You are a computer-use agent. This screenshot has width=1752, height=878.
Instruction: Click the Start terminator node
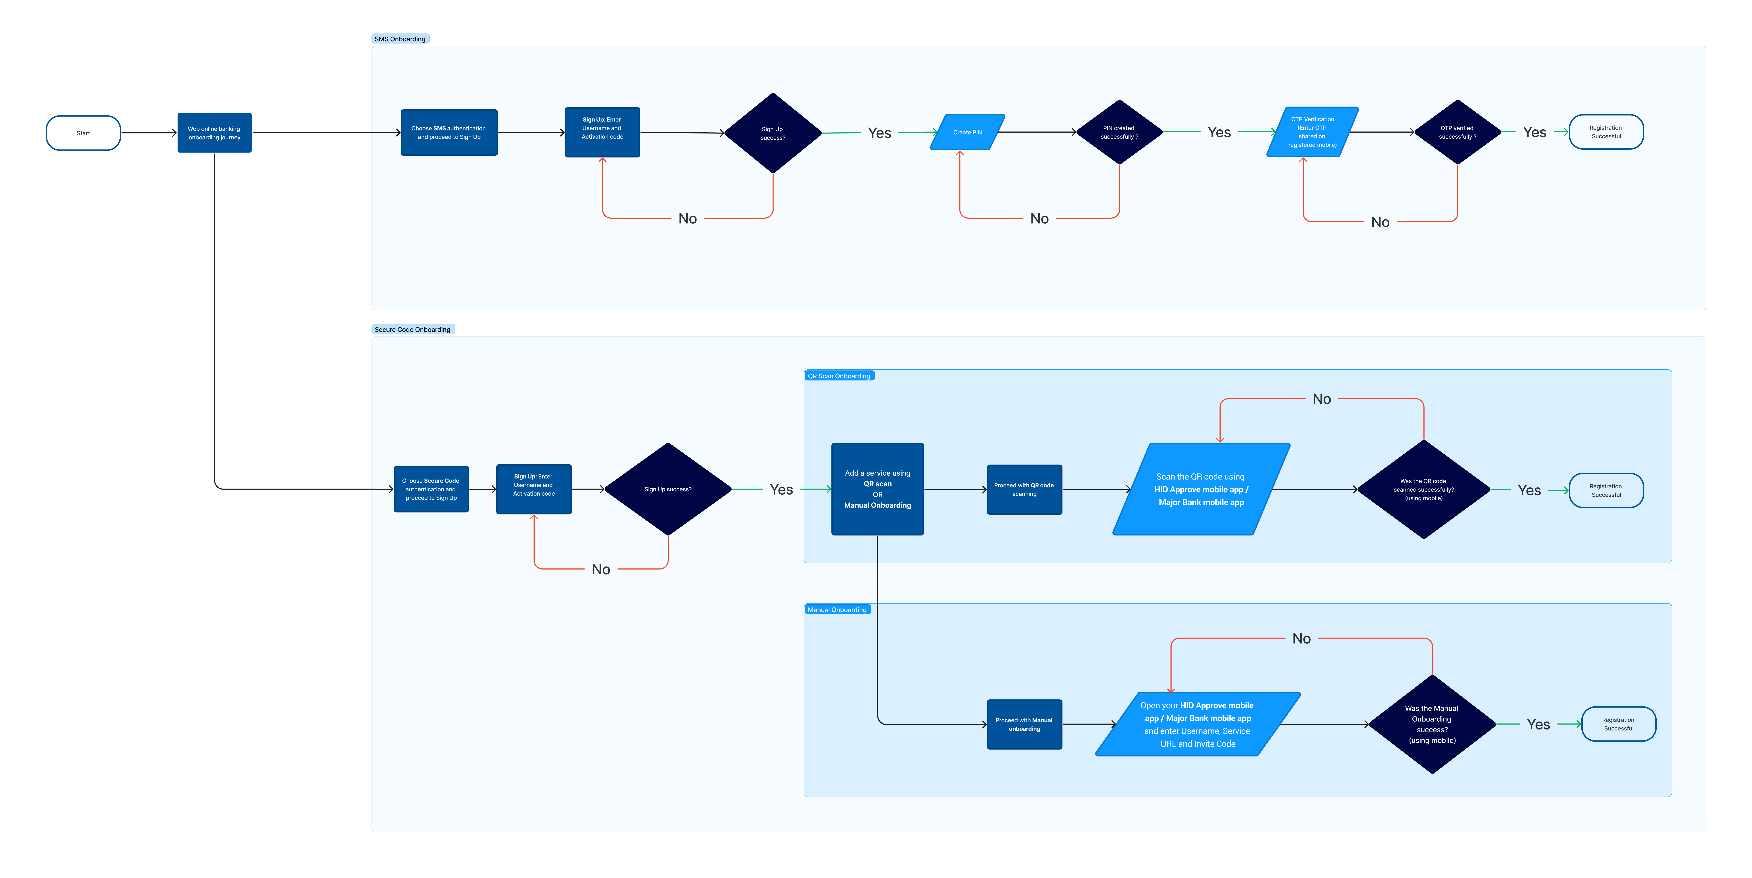83,133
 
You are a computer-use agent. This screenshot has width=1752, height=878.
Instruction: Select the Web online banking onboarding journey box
214,133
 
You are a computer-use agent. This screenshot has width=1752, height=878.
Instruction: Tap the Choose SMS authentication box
449,133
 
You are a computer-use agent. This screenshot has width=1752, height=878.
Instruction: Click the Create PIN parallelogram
967,132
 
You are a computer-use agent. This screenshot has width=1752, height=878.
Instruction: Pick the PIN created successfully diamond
1119,132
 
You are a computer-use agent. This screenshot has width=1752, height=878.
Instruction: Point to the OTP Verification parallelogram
1312,132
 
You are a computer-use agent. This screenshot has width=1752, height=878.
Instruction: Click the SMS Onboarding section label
400,39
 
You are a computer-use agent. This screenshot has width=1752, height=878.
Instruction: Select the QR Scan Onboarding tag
839,375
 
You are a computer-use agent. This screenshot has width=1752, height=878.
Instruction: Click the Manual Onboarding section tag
837,609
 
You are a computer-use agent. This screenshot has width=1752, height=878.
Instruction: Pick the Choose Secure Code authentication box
431,489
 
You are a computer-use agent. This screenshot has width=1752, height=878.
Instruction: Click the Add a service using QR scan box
877,489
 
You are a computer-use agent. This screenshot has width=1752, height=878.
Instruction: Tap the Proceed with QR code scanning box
1024,490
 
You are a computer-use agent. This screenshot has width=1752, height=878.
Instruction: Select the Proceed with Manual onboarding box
1024,724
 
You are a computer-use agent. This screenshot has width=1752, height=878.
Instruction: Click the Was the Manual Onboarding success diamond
1432,724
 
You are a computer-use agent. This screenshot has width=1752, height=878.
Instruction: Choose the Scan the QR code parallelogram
1201,489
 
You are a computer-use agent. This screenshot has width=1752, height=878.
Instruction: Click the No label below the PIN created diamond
1039,218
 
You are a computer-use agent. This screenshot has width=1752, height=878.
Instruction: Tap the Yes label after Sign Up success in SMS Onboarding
879,133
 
